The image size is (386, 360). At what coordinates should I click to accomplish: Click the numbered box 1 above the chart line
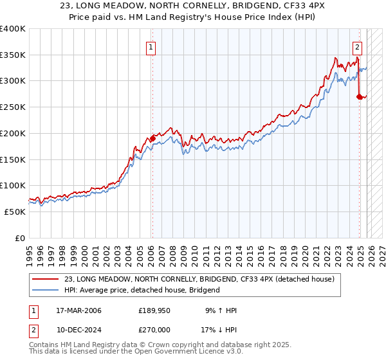click(151, 46)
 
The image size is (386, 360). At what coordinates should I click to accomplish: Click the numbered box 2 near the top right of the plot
click(357, 46)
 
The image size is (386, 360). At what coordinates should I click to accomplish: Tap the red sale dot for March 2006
click(153, 138)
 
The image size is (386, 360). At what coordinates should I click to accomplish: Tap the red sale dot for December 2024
click(359, 96)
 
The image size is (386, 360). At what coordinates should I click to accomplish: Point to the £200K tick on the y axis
click(13, 133)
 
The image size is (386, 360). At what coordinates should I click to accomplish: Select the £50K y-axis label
click(15, 212)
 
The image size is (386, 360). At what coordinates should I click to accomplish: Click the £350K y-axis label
click(13, 55)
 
